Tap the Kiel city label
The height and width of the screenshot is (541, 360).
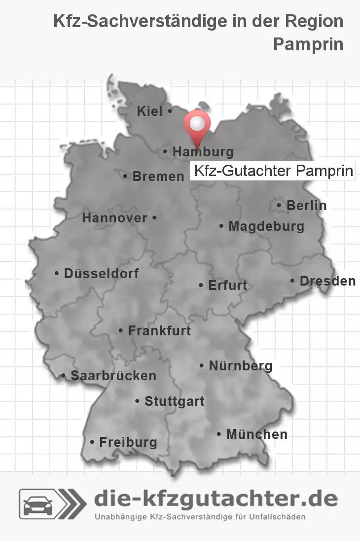(150, 112)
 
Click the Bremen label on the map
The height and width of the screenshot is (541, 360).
(158, 177)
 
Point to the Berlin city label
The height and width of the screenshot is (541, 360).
(306, 205)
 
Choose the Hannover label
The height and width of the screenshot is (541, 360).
(114, 218)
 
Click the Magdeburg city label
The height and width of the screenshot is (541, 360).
(266, 227)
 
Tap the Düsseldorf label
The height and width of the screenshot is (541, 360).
(101, 273)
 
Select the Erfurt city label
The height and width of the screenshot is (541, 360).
(227, 286)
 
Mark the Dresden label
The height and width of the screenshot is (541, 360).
(327, 281)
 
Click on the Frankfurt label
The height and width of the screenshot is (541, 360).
(159, 331)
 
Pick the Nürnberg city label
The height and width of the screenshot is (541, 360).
(240, 366)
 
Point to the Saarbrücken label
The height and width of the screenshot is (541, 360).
(113, 376)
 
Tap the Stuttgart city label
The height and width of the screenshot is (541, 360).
(174, 401)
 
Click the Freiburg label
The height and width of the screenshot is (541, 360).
(128, 442)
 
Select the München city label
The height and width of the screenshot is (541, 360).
(256, 434)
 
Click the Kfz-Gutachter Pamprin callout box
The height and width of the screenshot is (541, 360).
(273, 172)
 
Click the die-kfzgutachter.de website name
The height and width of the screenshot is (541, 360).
(216, 499)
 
